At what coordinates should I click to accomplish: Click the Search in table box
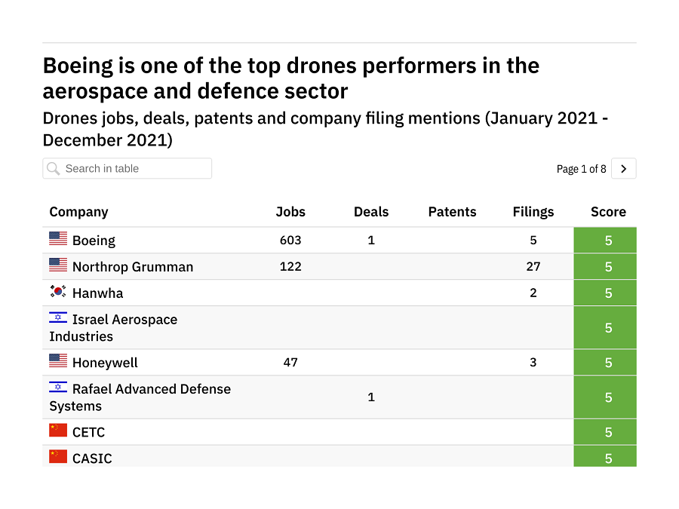coord(127,168)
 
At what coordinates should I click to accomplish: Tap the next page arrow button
coord(623,169)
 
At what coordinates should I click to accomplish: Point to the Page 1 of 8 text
coord(581,169)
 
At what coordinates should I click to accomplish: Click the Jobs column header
coord(290,212)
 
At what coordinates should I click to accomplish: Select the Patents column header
coord(452,212)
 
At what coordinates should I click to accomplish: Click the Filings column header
coord(533,212)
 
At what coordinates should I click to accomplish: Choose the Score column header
coord(608,212)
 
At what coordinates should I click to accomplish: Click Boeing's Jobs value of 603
coord(290,240)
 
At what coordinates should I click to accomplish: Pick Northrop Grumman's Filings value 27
coord(533,266)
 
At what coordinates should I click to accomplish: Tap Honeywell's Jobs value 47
coord(290,362)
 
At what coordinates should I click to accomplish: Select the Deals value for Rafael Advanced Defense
coord(371,397)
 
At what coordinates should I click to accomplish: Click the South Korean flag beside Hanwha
coord(58,291)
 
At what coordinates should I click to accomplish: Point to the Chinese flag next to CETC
coord(58,431)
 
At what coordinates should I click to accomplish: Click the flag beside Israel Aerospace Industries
coord(58,317)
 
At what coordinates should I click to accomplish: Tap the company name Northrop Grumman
coord(133,267)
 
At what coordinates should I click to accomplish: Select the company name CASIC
coord(92,458)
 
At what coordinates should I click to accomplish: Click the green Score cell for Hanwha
coord(608,293)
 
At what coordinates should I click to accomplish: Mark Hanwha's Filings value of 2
coord(533,293)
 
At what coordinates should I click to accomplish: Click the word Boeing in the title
coord(78,66)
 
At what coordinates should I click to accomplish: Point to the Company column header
coord(78,212)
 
